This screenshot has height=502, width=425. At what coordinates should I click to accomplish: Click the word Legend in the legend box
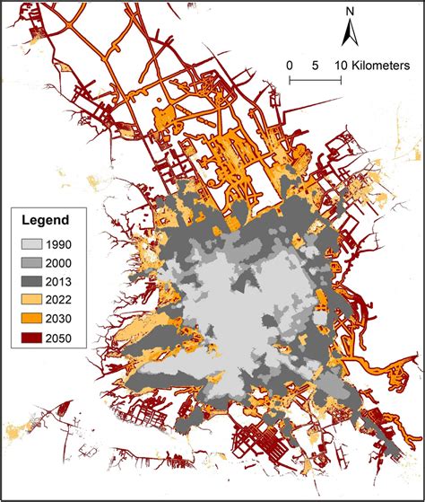(x=46, y=218)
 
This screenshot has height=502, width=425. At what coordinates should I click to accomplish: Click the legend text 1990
(x=75, y=244)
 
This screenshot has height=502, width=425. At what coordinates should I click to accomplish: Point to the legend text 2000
(x=75, y=262)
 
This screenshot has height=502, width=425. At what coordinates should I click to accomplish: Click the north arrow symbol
(x=352, y=35)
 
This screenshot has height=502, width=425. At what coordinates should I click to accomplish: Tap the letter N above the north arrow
(x=352, y=13)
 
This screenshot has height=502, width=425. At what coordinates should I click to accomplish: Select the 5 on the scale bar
(x=315, y=66)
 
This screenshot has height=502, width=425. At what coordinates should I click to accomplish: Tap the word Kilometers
(x=380, y=66)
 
